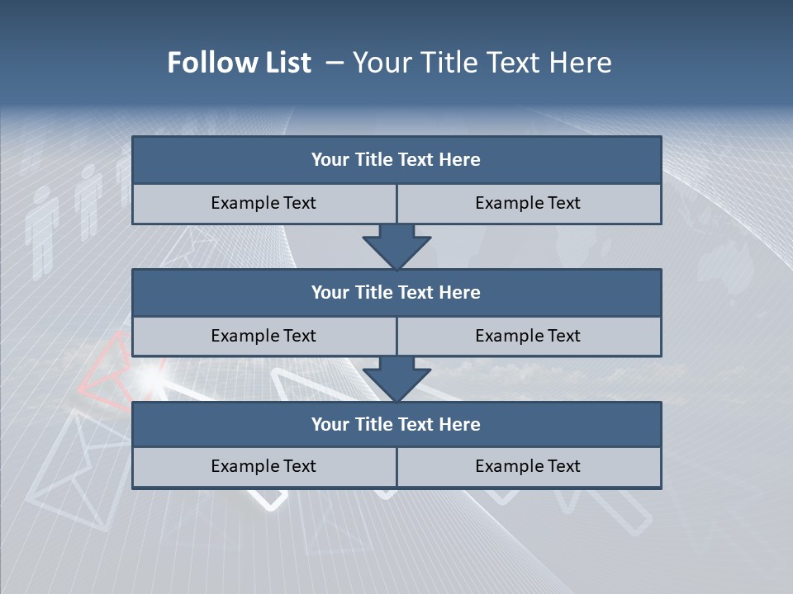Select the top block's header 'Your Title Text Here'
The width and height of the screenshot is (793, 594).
pyautogui.click(x=396, y=160)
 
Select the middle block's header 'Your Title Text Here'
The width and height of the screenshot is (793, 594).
pyautogui.click(x=396, y=292)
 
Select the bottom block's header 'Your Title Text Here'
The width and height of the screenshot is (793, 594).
pyautogui.click(x=396, y=424)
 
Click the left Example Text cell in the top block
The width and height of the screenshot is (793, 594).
pyautogui.click(x=264, y=203)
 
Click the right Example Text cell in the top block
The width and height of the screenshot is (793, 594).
pyautogui.click(x=528, y=203)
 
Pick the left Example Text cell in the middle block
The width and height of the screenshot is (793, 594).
pyautogui.click(x=264, y=336)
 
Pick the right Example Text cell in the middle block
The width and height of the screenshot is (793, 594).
pyautogui.click(x=528, y=336)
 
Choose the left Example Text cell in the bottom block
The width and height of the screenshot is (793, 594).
pyautogui.click(x=264, y=466)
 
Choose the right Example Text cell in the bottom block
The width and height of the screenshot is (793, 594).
pyautogui.click(x=528, y=466)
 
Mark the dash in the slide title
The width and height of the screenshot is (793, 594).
pyautogui.click(x=335, y=63)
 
